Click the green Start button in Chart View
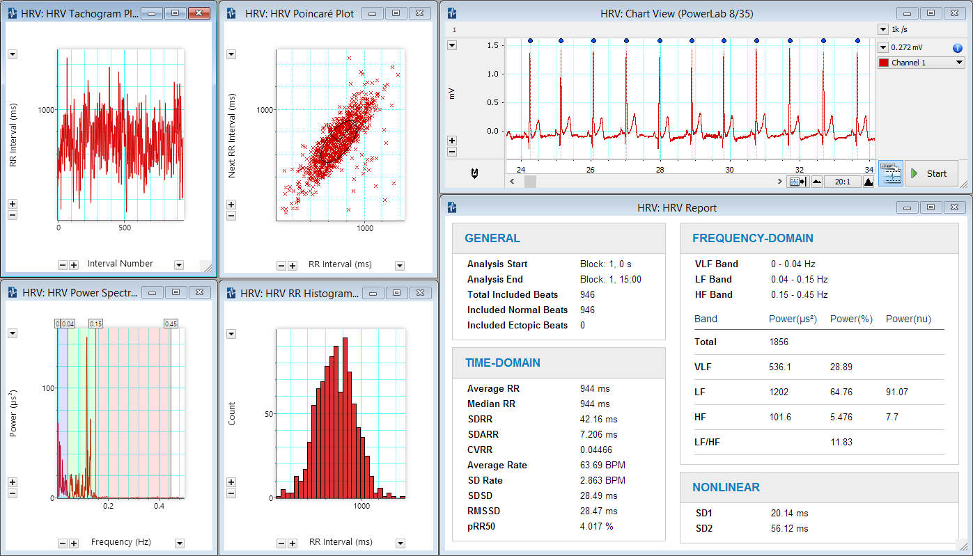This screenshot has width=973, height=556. pos(931,173)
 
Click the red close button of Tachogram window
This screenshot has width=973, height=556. pos(199,13)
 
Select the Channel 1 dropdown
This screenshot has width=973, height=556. pos(921,63)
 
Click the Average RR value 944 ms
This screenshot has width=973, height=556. pos(594,388)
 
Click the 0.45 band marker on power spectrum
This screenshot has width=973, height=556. pos(171,324)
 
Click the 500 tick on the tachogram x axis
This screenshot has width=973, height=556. pos(124,228)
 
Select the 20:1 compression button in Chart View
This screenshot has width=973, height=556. pos(842,182)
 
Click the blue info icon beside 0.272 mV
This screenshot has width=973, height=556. pos(957,48)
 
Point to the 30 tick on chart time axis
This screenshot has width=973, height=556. pos(729,170)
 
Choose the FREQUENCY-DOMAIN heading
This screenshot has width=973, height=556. pos(752,238)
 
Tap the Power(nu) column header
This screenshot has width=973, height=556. pos(908,319)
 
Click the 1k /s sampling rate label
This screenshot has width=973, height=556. pos(899,29)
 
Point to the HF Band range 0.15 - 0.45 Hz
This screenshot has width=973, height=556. pos(799,294)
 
